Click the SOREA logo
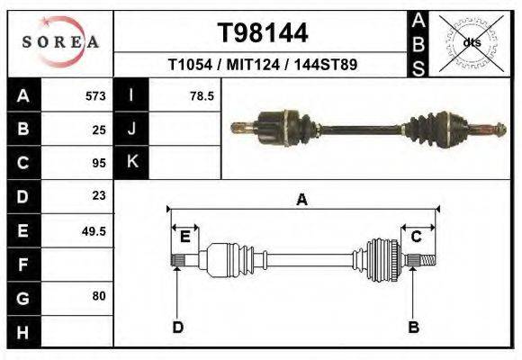coord(61,41)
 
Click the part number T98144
coord(263,33)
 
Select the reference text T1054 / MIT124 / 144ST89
coord(263,66)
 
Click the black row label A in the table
coord(22,95)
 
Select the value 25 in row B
coord(99,129)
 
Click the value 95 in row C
coord(99,163)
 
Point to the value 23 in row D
coord(99,195)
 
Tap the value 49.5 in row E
coord(94,230)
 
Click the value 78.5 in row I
coord(202,95)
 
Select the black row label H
coord(22,331)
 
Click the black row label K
coord(131,163)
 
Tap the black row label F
coord(22,265)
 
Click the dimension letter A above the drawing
coord(301,201)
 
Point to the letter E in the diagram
coord(184,237)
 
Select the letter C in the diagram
coord(417,237)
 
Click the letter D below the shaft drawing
coord(177,327)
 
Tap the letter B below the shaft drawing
coord(414,327)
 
